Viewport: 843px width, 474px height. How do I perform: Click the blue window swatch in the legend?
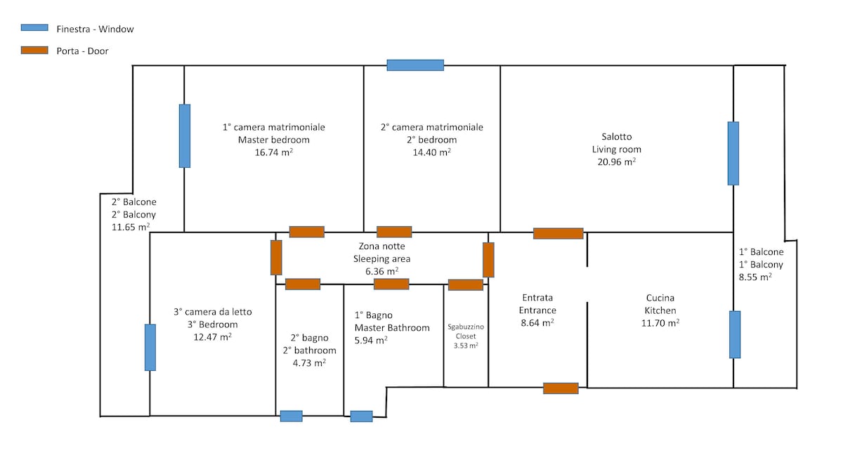[x=34, y=27]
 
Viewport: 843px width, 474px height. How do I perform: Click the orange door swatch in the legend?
[x=34, y=50]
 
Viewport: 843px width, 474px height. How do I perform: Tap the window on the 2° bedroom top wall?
[x=415, y=65]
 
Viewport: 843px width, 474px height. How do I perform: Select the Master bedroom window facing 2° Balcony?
[x=184, y=136]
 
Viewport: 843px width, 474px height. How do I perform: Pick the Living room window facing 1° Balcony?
[x=733, y=154]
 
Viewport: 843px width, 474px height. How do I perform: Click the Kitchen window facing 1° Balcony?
[x=735, y=334]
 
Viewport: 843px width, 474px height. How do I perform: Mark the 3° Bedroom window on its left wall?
[x=150, y=347]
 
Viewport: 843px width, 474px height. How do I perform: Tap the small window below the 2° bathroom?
[x=292, y=416]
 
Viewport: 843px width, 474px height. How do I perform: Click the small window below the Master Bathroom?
[x=361, y=416]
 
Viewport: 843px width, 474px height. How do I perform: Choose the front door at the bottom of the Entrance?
[x=561, y=388]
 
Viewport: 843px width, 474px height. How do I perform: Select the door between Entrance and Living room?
[x=558, y=233]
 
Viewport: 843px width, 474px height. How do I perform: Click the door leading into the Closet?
[x=466, y=285]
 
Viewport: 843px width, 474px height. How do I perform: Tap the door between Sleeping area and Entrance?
[x=488, y=260]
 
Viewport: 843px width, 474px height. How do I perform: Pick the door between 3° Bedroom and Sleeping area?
[x=276, y=258]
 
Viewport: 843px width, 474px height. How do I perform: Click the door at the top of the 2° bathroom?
[x=303, y=284]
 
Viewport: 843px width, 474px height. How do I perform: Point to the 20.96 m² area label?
[x=617, y=162]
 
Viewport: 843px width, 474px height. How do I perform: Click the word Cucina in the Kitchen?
[x=660, y=298]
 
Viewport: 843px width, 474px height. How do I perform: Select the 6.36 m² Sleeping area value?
[x=381, y=271]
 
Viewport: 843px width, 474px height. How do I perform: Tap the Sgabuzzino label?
[x=466, y=327]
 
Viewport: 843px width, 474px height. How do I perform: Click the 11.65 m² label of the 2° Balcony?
[x=131, y=227]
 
